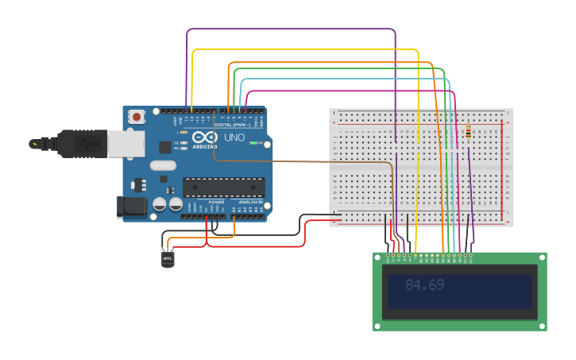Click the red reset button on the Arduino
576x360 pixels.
coord(137,117)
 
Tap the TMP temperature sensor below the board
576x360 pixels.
coord(168,259)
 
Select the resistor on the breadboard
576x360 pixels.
coord(468,132)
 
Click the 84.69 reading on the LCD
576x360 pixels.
coord(424,285)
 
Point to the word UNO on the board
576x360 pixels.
coord(234,137)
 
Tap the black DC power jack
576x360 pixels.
coord(129,207)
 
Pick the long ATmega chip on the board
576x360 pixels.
coord(224,187)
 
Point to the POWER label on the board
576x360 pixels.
coord(216,202)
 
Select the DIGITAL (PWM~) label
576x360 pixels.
coord(230,126)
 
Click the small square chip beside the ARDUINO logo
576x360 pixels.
coord(165,147)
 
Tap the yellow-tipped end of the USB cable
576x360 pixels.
coord(35,144)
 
